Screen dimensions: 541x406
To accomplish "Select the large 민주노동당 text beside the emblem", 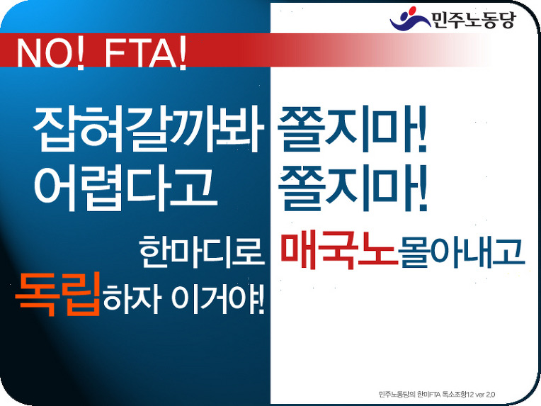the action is (x=473, y=20).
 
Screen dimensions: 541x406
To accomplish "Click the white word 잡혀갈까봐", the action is (x=149, y=129).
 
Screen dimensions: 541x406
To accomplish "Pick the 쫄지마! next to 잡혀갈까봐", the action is (x=352, y=129).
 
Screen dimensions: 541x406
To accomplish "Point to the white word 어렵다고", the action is (x=125, y=188).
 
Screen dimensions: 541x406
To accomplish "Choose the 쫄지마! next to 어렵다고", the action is (x=353, y=188).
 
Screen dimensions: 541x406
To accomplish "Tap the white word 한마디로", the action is (x=202, y=252).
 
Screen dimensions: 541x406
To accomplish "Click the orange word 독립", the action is (x=58, y=294).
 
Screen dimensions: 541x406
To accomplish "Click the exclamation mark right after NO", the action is (x=80, y=53).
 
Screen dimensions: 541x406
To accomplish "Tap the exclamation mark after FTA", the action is (x=183, y=53).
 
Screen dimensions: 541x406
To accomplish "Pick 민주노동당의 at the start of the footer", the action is (x=397, y=394).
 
